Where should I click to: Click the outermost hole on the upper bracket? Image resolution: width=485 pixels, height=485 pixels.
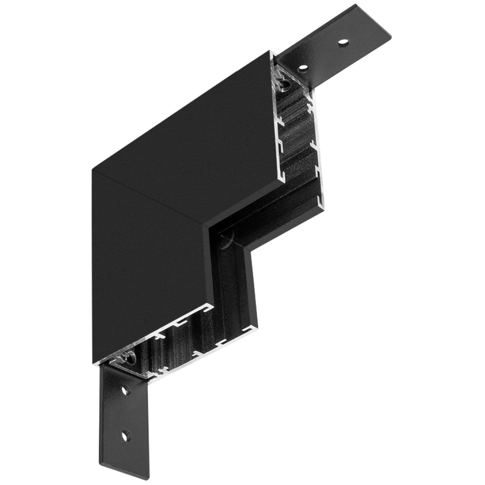click(343, 43)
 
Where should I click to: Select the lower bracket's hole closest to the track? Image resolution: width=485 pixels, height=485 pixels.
click(125, 390)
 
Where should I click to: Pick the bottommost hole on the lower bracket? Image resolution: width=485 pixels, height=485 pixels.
click(126, 435)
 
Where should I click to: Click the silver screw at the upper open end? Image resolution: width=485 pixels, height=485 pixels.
click(285, 85)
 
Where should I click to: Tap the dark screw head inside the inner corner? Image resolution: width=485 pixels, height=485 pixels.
click(226, 239)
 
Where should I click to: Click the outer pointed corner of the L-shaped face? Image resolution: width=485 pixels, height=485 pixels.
click(93, 170)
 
